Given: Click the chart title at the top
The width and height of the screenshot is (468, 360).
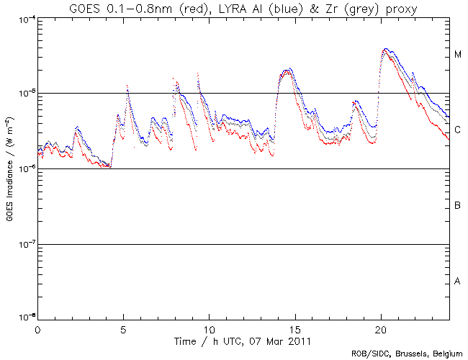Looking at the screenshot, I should [x=243, y=8].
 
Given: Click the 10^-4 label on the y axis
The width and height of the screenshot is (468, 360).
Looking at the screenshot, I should [x=24, y=19].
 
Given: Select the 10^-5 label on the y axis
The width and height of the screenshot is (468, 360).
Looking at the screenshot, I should [x=24, y=94].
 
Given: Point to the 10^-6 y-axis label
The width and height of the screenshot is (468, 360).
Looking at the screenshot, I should [x=24, y=169].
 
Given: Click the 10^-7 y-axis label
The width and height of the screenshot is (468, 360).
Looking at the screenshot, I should [x=24, y=245].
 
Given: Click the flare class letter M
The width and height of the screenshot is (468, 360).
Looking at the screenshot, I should [x=457, y=55].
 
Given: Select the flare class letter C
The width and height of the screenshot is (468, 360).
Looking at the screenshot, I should [x=457, y=130].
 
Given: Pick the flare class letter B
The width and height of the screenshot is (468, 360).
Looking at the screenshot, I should [x=457, y=207].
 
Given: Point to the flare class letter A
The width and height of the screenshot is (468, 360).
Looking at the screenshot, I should [x=457, y=282].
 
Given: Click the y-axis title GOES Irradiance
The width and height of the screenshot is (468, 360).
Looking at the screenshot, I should [x=10, y=169].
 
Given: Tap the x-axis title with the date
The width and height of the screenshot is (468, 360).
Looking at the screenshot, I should [x=243, y=339].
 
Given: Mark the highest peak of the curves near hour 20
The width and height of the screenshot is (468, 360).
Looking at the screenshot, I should [x=387, y=49].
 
